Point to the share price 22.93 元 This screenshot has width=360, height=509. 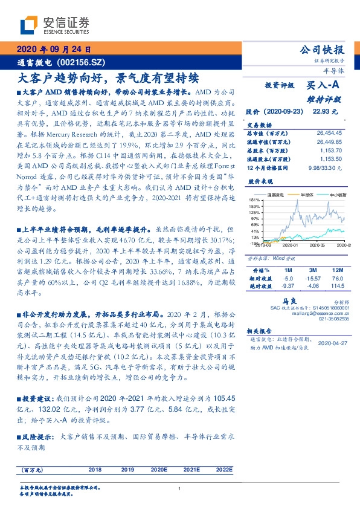pos(324,112)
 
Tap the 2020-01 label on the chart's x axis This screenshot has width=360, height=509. pos(291,245)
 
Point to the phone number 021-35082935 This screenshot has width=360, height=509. pos(335,319)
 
